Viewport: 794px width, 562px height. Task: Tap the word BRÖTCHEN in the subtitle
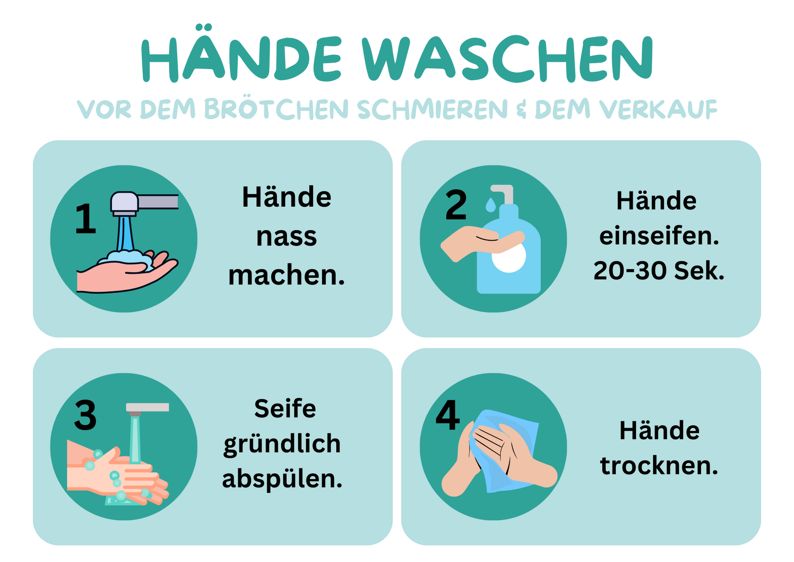pos(276,109)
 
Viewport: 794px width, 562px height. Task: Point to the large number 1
pos(85,219)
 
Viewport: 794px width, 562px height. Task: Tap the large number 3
pos(85,415)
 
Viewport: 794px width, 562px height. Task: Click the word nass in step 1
pos(286,237)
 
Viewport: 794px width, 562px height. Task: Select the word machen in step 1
pos(286,275)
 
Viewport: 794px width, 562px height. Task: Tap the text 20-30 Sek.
pos(659,271)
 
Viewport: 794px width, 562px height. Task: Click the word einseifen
pos(659,236)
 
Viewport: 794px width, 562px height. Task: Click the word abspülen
pos(282,479)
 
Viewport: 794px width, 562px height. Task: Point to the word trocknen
pos(659,466)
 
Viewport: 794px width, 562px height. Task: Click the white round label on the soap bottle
pos(509,257)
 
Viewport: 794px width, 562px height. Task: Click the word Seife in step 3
pos(285,409)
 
